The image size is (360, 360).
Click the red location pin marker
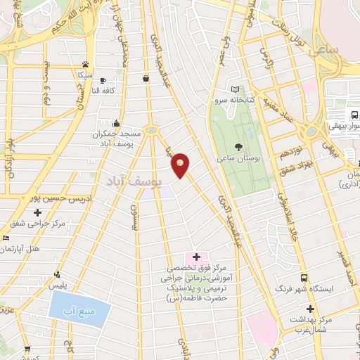(181, 165)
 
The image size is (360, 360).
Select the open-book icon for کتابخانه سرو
(236, 89)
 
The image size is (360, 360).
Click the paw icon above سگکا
(85, 63)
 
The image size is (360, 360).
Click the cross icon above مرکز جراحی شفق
(37, 212)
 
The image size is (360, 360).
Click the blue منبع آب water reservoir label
(79, 310)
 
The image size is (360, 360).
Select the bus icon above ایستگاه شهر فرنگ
(303, 277)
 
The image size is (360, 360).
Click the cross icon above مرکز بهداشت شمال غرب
(309, 308)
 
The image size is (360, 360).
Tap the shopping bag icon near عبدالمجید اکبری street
(146, 78)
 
